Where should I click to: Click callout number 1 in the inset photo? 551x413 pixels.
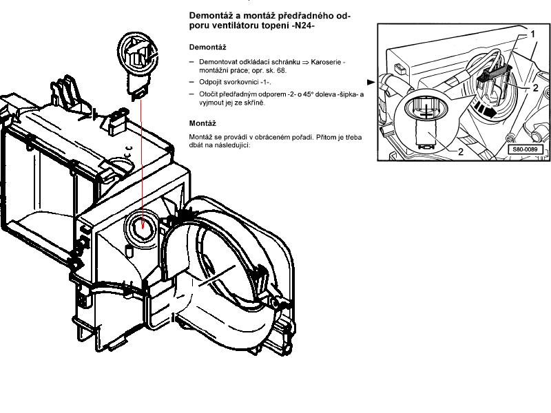pyautogui.click(x=532, y=33)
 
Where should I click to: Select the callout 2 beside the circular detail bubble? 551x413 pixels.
pyautogui.click(x=460, y=151)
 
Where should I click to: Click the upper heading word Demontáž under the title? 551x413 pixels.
pyautogui.click(x=208, y=47)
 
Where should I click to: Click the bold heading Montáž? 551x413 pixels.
pyautogui.click(x=203, y=123)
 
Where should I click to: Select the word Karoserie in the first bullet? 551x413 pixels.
pyautogui.click(x=326, y=62)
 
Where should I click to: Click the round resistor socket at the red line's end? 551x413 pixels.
pyautogui.click(x=142, y=222)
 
